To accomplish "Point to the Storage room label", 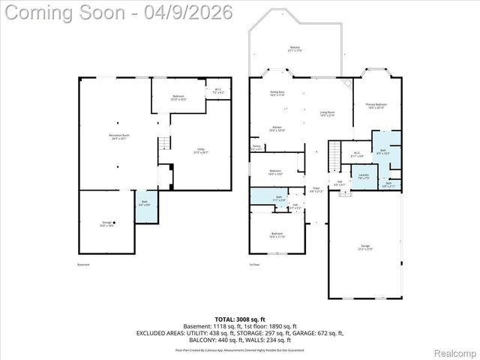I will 108,223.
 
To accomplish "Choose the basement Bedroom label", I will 178,97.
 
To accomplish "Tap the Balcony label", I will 295,49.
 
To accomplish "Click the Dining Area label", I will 277,94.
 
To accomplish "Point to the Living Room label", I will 327,113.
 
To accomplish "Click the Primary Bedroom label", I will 375,106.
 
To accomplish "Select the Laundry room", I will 363,177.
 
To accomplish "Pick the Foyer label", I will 316,190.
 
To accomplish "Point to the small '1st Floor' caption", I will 256,265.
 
